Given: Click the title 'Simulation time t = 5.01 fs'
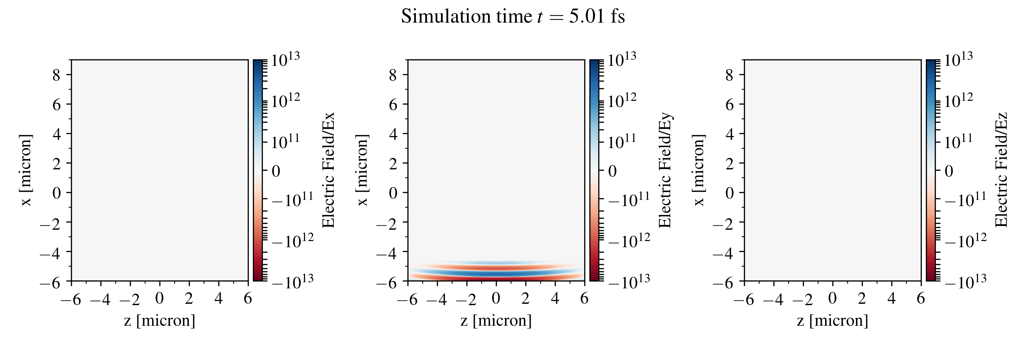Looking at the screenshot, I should point(513,17).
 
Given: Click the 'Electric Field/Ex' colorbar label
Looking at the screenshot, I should point(328,170).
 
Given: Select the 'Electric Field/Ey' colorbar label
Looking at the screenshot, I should point(665,170).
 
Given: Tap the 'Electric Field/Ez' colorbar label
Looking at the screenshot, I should point(1001,170).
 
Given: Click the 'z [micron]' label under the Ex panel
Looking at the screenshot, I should point(160,321).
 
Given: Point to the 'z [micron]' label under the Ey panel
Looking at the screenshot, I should point(496,321).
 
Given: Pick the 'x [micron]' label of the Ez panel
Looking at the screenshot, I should point(699,170).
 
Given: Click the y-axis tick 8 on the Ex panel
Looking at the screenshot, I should point(57,75).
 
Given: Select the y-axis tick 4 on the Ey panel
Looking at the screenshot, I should point(393,134).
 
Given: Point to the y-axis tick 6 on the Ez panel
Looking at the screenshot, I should point(730,104).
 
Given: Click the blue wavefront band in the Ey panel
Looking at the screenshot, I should point(496,273).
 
